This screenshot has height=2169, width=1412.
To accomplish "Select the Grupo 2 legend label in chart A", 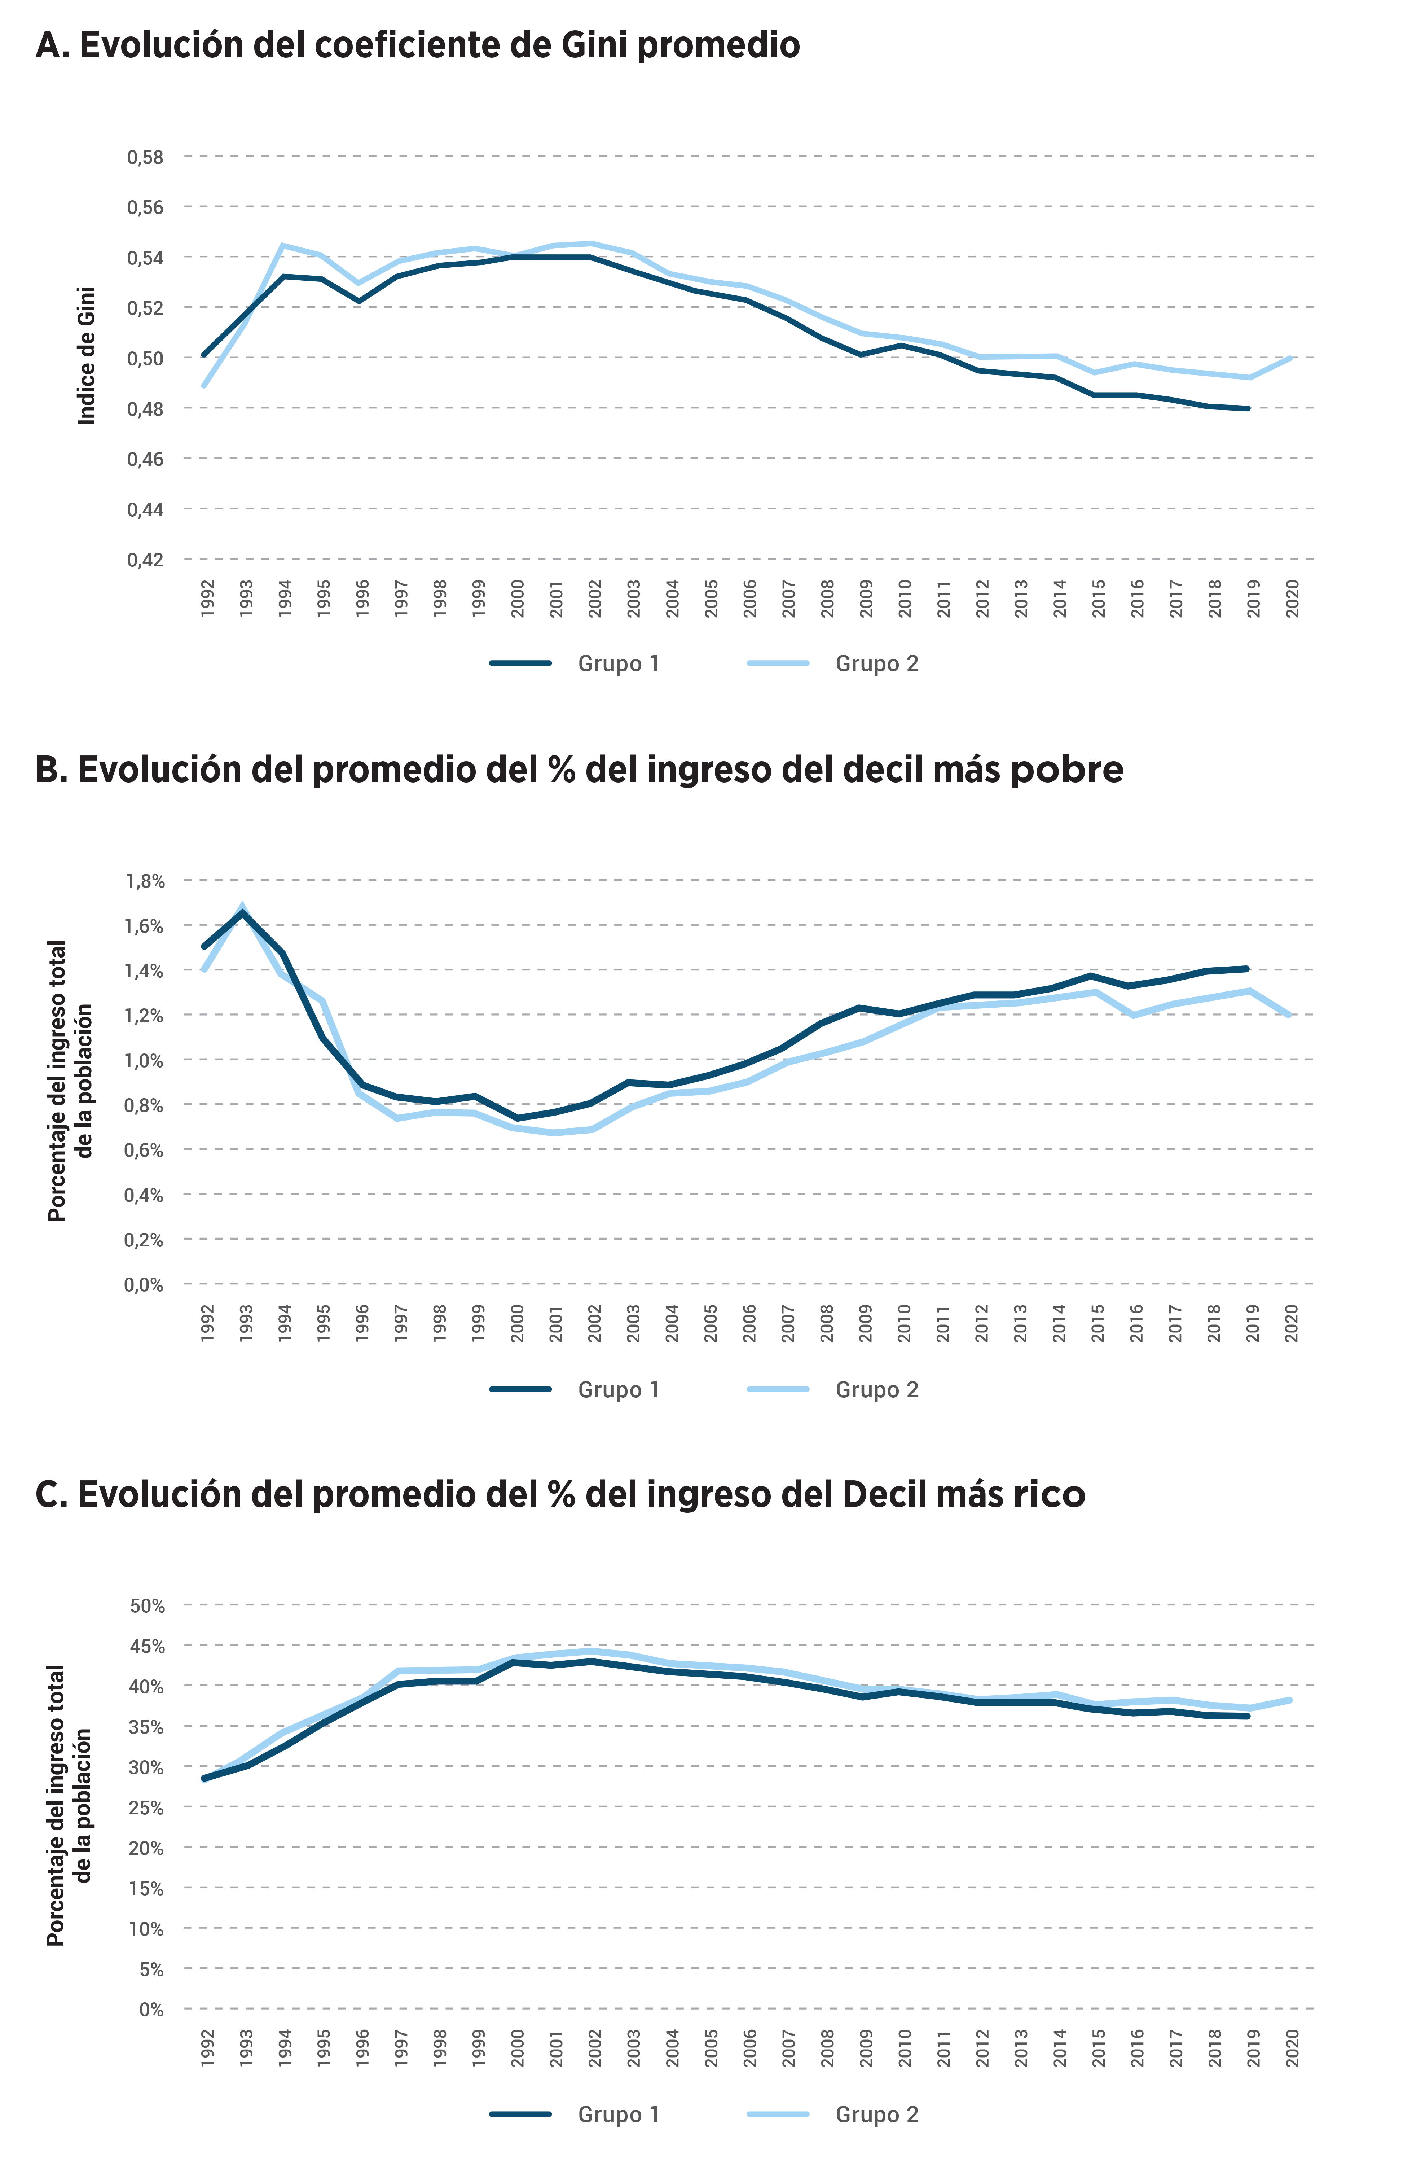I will [x=876, y=663].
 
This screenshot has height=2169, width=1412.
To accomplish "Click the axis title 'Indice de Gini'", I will [x=87, y=355].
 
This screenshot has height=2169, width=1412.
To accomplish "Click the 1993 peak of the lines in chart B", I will [x=242, y=910].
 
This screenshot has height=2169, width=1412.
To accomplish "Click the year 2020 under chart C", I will [x=1292, y=2048].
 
